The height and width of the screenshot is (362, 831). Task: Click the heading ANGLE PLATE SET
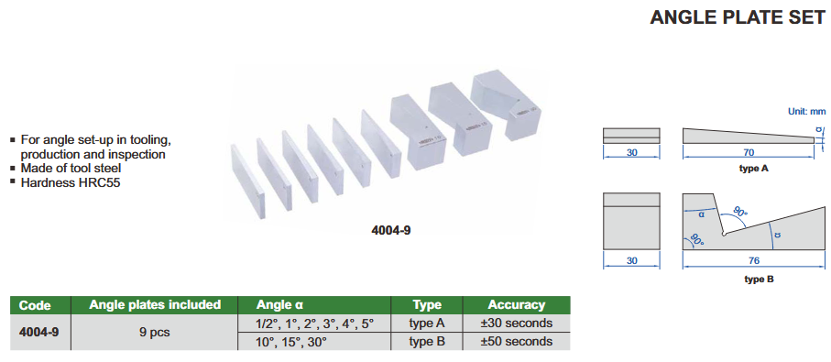click(738, 17)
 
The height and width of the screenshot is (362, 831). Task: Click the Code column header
click(35, 305)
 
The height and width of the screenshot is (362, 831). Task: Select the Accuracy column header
click(516, 305)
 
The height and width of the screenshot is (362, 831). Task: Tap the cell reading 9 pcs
click(155, 333)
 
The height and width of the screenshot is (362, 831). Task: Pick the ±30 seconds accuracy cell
click(516, 323)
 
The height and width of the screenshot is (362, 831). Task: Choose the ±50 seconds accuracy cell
click(516, 341)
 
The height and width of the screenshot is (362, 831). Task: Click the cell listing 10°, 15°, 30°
click(291, 341)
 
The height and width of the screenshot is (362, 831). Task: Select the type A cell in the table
click(427, 323)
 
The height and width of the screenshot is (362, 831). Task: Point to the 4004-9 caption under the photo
click(390, 231)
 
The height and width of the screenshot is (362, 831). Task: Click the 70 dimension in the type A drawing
click(748, 153)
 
